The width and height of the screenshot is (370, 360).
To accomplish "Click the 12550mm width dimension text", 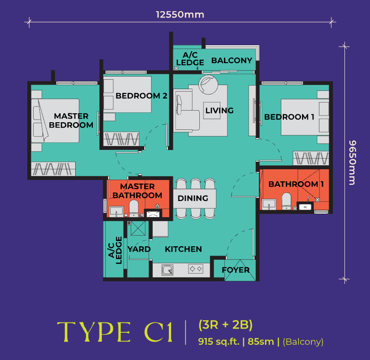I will coord(180,15).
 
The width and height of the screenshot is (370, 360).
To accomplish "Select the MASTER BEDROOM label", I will coord(71,121).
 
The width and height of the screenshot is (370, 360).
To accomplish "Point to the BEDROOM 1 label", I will coord(289,117).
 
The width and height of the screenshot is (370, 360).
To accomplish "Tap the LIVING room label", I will coord(219,110).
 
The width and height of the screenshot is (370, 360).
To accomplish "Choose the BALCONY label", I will coord(232,60).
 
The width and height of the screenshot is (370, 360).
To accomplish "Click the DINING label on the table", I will coord(193,198).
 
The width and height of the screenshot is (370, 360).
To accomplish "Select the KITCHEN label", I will coord(183,249).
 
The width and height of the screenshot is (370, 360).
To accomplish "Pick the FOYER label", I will coord(236,270).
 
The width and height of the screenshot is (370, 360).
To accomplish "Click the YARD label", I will coord(139,249).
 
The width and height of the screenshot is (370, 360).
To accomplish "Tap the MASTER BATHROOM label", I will coord(137,191).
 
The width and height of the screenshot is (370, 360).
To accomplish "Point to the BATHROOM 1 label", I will coord(296,184).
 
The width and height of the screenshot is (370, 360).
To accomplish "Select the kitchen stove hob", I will coord(195,269).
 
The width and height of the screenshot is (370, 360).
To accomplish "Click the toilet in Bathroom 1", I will coord(286,200).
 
